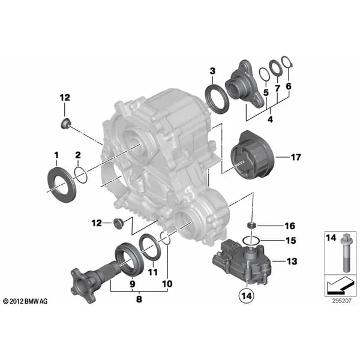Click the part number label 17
point(295,158)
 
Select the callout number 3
point(212,72)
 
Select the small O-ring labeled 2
point(80,175)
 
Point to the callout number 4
point(270,120)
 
